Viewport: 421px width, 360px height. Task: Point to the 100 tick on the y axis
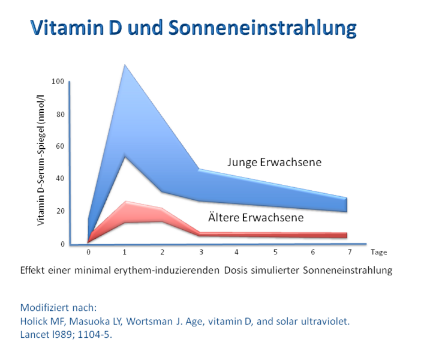coord(58,81)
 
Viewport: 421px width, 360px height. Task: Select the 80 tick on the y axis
coord(59,113)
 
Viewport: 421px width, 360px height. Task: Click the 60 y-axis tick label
coord(59,146)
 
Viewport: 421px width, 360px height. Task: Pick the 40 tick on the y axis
coord(59,178)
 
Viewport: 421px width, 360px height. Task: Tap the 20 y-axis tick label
coord(59,211)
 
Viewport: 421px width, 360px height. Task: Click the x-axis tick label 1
coord(125,252)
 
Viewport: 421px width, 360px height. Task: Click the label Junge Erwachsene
coord(274,162)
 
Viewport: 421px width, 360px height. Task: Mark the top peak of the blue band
coord(125,65)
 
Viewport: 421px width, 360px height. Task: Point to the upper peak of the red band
coord(125,202)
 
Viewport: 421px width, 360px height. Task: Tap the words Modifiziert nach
coord(58,308)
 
